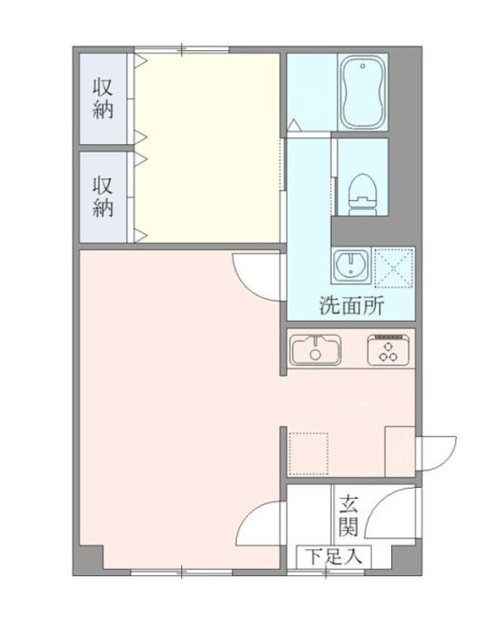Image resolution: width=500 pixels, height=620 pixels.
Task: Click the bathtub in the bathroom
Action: pyautogui.click(x=363, y=92)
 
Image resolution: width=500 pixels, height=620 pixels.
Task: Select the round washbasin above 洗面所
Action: pyautogui.click(x=351, y=265)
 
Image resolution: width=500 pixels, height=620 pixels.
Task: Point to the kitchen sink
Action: pyautogui.click(x=315, y=350)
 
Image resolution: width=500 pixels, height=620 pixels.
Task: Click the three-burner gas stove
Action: pyautogui.click(x=388, y=350)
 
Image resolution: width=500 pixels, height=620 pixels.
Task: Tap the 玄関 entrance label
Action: pyautogui.click(x=349, y=516)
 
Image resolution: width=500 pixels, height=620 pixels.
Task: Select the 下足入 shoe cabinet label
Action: pyautogui.click(x=334, y=557)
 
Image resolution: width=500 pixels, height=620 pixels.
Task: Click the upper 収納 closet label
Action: pyautogui.click(x=103, y=98)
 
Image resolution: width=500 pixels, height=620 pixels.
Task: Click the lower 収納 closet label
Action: pyautogui.click(x=103, y=197)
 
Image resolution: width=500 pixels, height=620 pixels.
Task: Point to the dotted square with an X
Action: pyautogui.click(x=394, y=267)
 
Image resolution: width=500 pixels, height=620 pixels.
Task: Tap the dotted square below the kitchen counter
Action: pyautogui.click(x=308, y=453)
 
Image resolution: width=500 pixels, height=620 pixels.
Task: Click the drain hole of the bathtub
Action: pyautogui.click(x=363, y=66)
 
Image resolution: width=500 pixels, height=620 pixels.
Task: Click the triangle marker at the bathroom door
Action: pyautogui.click(x=294, y=124)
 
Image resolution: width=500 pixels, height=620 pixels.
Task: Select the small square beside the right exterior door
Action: pyautogui.click(x=400, y=452)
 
